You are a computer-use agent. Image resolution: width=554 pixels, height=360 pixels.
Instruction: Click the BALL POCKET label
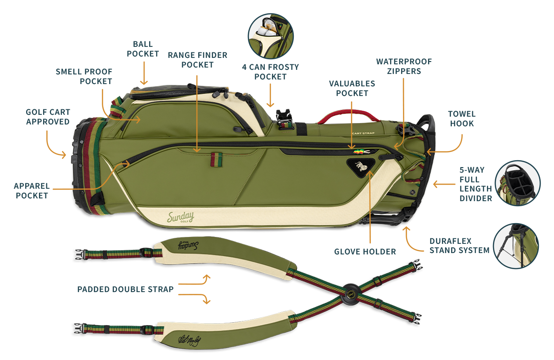(x=143, y=49)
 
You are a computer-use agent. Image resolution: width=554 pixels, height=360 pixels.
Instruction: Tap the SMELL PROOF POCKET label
(x=84, y=76)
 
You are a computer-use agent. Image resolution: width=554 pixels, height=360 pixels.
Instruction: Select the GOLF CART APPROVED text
(x=48, y=117)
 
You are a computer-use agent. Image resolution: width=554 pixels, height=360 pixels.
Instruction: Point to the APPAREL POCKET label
(x=32, y=191)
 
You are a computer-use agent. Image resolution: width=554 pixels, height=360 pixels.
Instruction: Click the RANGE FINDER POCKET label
(x=197, y=60)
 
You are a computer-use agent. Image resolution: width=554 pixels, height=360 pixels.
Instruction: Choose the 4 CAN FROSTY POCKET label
(x=270, y=72)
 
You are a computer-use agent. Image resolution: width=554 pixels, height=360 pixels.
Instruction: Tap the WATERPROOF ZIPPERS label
(x=404, y=66)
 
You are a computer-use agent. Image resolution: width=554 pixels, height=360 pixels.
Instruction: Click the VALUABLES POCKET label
(x=352, y=88)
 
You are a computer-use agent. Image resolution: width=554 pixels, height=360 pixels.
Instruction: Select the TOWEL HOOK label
(x=462, y=118)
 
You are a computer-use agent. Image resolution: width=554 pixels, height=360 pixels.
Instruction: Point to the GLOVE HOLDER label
(x=365, y=252)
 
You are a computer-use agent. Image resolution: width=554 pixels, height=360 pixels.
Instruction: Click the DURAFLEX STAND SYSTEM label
(x=459, y=246)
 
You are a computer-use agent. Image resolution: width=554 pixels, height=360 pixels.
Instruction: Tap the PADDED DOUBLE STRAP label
(x=125, y=289)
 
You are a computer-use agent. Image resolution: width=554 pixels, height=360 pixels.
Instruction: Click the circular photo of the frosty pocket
(x=270, y=36)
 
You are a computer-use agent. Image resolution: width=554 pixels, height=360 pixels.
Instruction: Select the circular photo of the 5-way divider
(x=518, y=183)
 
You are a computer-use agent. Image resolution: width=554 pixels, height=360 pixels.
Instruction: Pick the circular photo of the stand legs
(x=516, y=246)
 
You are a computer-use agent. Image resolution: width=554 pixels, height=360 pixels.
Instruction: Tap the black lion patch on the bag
(x=361, y=168)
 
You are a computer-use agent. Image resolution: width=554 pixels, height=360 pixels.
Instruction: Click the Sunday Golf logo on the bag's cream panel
(x=180, y=217)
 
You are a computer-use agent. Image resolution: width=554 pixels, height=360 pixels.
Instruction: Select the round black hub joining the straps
(x=351, y=295)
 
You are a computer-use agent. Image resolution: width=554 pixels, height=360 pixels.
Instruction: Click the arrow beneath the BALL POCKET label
(x=144, y=73)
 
